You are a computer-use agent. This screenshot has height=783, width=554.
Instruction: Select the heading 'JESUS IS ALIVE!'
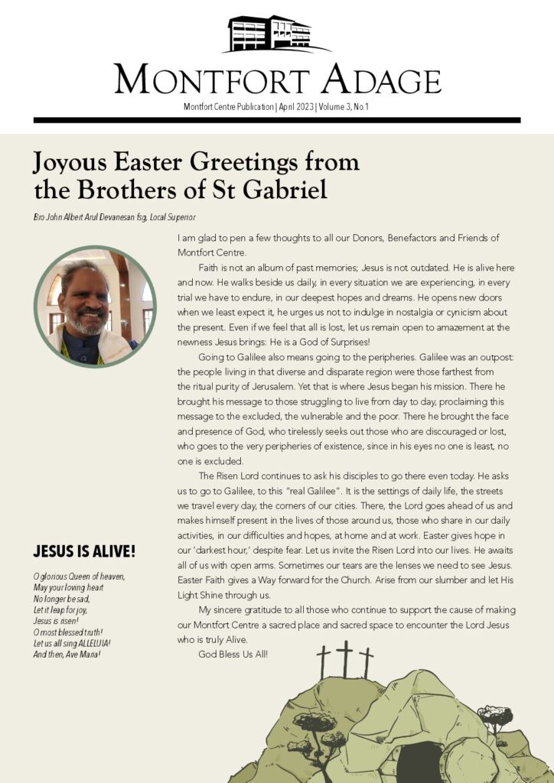[x=84, y=551]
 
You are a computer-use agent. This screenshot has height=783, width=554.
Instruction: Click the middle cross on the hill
[x=345, y=660]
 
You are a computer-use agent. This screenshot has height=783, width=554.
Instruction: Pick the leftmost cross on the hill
[x=323, y=662]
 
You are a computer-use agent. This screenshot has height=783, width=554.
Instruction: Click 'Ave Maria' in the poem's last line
[x=84, y=655]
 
